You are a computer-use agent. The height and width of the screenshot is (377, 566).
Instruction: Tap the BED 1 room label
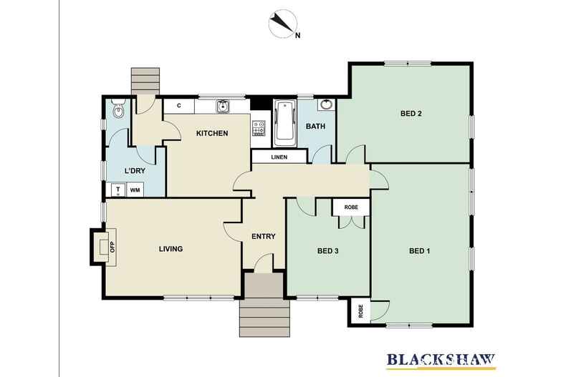pyautogui.click(x=419, y=250)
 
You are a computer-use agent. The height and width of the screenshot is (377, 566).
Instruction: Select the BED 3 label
pyautogui.click(x=327, y=250)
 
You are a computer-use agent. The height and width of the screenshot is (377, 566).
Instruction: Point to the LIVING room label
pyautogui.click(x=171, y=249)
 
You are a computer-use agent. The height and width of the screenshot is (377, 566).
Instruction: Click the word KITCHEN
pyautogui.click(x=212, y=133)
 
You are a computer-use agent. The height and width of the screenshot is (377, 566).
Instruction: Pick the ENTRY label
pyautogui.click(x=263, y=236)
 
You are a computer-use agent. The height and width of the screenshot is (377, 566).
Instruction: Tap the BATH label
pyautogui.click(x=316, y=127)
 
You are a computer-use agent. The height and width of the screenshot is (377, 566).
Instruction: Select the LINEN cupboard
pyautogui.click(x=279, y=157)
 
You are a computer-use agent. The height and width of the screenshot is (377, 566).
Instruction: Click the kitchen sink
pyautogui.click(x=224, y=107)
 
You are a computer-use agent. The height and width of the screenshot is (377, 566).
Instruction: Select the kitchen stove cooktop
pyautogui.click(x=259, y=127)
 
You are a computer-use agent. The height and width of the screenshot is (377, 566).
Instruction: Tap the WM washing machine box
pyautogui.click(x=135, y=190)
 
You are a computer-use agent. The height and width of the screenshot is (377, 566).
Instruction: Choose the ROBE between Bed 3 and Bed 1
pyautogui.click(x=351, y=207)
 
